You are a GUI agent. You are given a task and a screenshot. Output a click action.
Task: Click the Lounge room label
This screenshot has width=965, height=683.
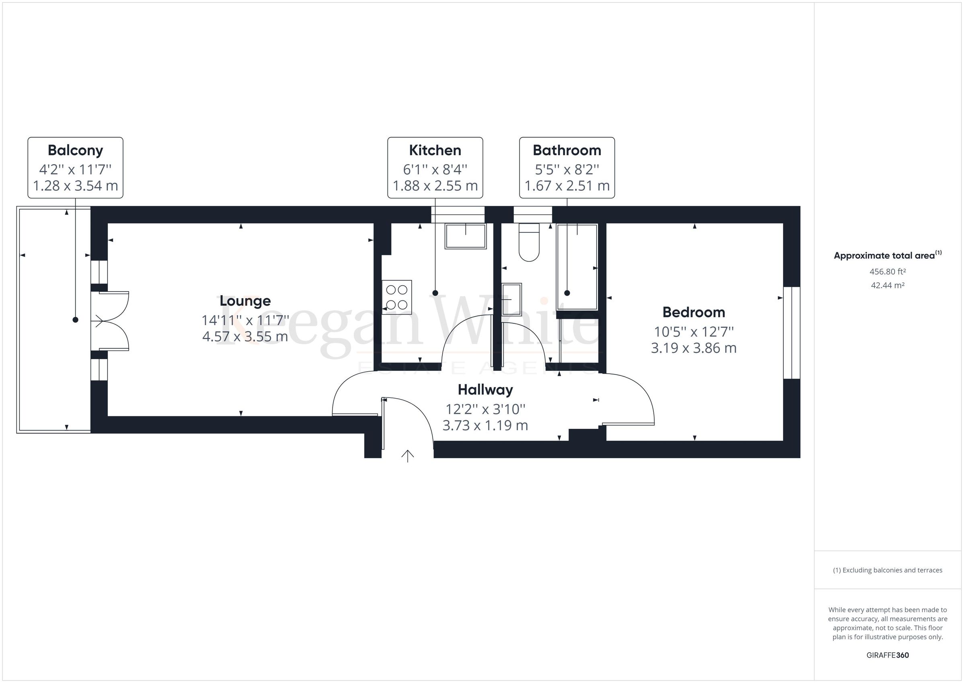pos(245,301)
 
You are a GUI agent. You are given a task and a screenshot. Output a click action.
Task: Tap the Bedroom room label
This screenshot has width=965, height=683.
pos(694,313)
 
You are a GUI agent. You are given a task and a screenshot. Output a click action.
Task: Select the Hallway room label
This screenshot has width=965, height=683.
pos(485,390)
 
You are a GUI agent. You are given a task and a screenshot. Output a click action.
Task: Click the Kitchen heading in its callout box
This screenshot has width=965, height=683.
pos(435,150)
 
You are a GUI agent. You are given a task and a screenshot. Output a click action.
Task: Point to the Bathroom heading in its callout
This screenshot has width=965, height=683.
pos(567,150)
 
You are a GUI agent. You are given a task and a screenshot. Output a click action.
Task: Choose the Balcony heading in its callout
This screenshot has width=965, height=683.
pos(75,150)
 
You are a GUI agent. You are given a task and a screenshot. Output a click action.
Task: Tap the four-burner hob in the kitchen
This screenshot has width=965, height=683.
pos(397,297)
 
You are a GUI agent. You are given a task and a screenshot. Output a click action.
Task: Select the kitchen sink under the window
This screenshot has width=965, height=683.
pos(465,237)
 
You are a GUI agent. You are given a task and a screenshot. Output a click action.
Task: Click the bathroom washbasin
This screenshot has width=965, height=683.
pos(511,299)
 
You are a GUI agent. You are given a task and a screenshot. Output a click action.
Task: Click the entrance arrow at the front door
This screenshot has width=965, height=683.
pos(407,456)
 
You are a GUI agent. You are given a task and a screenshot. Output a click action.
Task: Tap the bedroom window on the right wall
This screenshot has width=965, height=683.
pos(791,333)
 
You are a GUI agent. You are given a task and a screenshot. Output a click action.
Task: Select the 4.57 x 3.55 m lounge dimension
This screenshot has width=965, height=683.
pos(245,337)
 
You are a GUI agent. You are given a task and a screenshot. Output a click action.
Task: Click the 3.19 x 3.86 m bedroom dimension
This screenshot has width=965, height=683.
pos(694,348)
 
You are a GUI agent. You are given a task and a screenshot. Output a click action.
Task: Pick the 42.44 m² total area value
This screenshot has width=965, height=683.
pos(887,285)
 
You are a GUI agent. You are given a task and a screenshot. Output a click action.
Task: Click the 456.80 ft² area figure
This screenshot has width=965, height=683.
pos(887,272)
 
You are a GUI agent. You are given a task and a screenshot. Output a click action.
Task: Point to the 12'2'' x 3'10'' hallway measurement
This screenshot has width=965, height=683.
pos(485,409)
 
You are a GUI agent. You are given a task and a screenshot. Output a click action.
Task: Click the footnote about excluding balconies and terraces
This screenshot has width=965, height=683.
pos(887,570)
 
